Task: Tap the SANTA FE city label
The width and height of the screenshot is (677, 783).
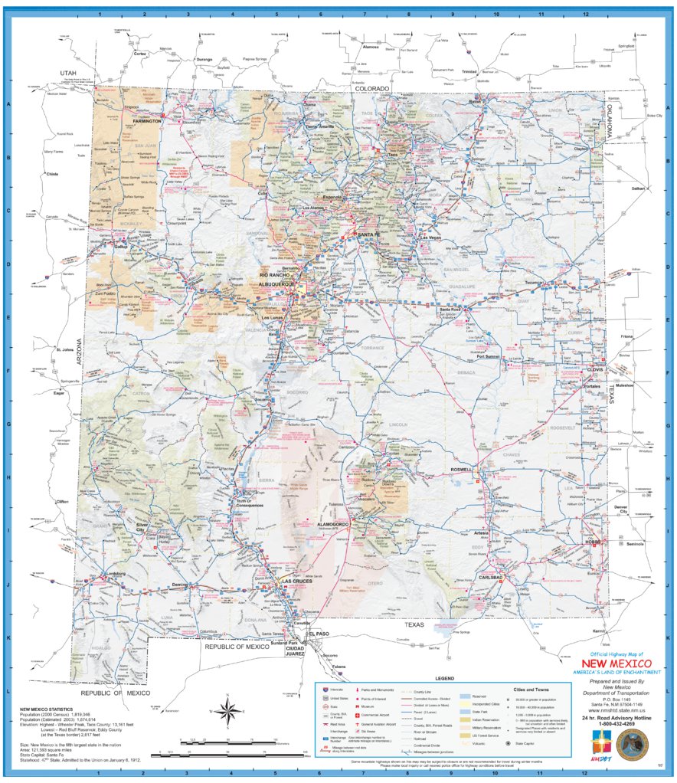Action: click(368, 234)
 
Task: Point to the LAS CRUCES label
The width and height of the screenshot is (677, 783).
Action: click(297, 582)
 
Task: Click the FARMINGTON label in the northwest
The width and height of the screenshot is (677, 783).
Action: click(146, 121)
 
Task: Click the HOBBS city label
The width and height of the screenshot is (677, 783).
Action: click(594, 541)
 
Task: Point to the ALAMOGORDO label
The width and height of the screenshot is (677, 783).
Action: click(333, 524)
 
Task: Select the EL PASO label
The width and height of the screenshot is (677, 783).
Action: click(318, 634)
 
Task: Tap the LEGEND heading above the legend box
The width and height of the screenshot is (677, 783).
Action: click(445, 679)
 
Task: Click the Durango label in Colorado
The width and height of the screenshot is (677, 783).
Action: click(204, 59)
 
